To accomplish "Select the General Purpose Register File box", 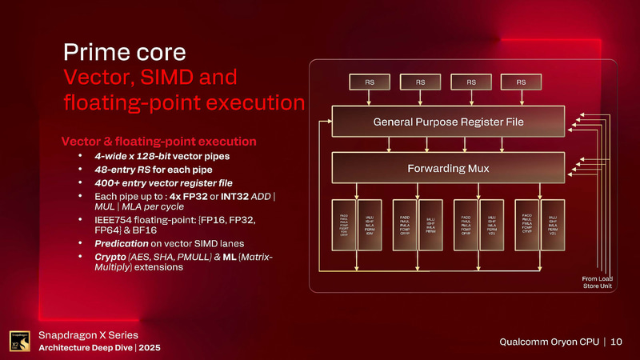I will pos(447,122).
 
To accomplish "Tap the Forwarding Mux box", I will pos(447,168).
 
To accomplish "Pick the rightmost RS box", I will pos(521,82).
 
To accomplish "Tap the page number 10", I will pos(616,341).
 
